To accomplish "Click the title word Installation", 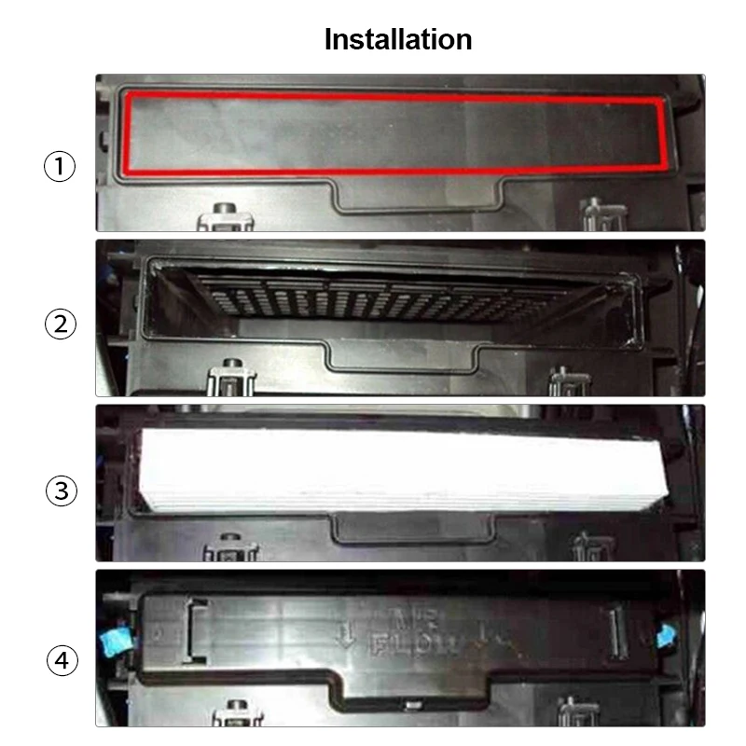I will pos(397,39).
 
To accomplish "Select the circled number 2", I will pos(59,325).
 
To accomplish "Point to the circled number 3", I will pos(59,490).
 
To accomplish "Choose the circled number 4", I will pos(59,661).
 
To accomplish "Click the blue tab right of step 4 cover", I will pos(666,636).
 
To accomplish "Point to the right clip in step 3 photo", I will pos(587,546).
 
